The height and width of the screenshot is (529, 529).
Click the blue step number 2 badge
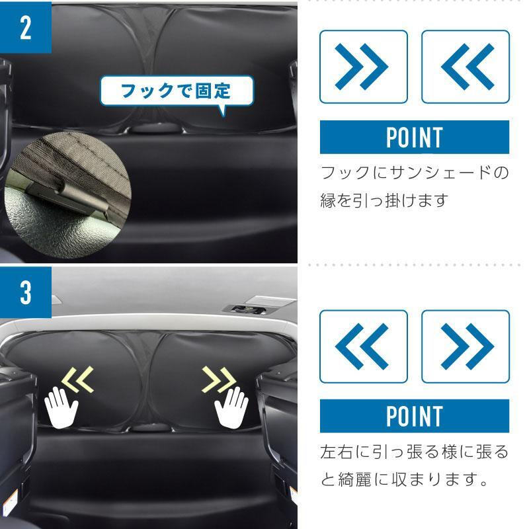[26, 28]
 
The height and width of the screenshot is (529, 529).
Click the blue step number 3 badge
[26, 292]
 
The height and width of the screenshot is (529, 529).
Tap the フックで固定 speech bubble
[177, 91]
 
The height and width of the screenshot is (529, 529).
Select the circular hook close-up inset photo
[68, 196]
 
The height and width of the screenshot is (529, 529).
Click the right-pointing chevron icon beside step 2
[363, 67]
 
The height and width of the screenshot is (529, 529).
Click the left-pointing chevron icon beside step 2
[466, 67]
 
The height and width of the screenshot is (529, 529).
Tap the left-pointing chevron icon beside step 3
[363, 346]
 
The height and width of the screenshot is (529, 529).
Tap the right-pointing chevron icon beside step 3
[466, 346]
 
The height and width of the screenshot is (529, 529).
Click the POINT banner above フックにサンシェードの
[415, 137]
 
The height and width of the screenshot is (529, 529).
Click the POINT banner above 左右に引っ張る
[415, 416]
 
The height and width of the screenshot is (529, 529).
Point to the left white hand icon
[61, 407]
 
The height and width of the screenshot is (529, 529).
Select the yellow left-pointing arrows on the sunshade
[78, 380]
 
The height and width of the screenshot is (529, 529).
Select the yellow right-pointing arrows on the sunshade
[219, 380]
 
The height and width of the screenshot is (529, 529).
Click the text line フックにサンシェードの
[415, 173]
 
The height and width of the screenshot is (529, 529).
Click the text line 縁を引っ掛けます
[384, 200]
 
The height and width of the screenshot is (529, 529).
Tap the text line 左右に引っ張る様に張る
[415, 452]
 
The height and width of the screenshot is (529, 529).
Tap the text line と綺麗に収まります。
[404, 479]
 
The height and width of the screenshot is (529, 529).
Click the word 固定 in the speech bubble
[213, 91]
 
